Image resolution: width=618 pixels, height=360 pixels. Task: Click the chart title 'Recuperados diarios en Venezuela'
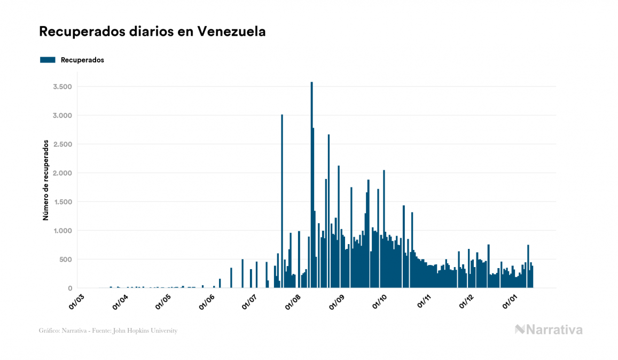[152, 32]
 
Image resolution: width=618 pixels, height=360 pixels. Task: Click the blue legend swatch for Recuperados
[48, 60]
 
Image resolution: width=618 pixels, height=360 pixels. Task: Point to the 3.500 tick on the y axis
[62, 87]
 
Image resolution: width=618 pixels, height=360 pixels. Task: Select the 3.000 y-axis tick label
[62, 115]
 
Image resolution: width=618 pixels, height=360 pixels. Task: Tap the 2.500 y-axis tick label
[62, 144]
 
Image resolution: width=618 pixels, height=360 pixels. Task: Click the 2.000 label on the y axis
[62, 173]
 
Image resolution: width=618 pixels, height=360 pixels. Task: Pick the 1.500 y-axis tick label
[62, 202]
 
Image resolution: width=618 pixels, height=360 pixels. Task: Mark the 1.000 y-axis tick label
[62, 231]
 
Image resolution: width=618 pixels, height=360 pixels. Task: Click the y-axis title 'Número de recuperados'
[46, 180]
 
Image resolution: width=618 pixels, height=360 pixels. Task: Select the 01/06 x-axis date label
[207, 301]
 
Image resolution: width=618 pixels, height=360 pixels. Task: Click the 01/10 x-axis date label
[381, 301]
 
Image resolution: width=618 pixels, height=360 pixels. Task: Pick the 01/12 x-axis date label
[467, 301]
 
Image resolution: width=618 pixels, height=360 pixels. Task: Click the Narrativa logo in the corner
[549, 330]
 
